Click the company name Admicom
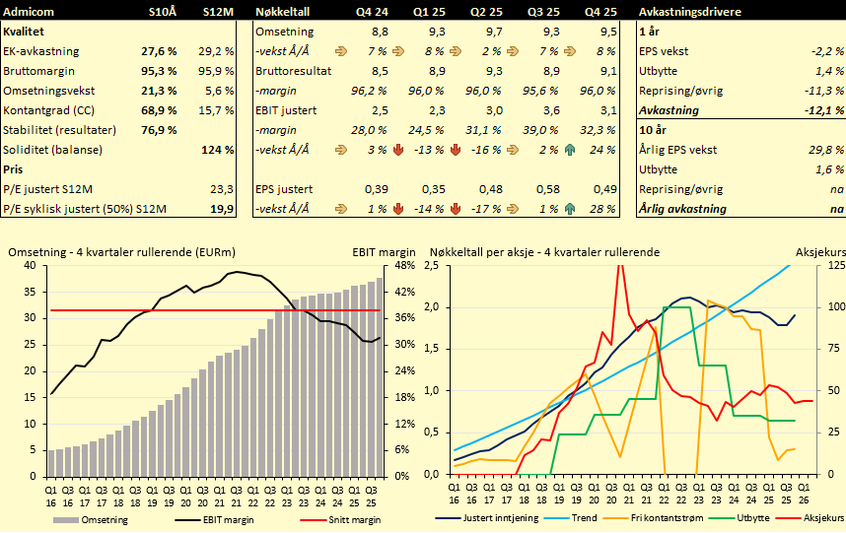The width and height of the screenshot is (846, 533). [x=30, y=11]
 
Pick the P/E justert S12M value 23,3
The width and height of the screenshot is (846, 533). [x=221, y=188]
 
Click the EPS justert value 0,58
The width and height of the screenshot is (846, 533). [x=548, y=188]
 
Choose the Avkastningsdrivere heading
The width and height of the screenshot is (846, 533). [x=688, y=11]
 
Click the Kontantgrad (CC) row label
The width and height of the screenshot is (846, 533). [x=56, y=109]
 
